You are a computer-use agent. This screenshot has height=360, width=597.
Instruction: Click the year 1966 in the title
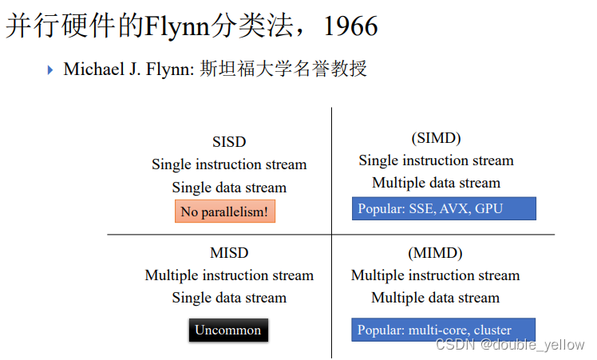pyautogui.click(x=350, y=26)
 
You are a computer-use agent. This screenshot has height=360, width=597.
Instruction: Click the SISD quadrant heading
pyautogui.click(x=229, y=142)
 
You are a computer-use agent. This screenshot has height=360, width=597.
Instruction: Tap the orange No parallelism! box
pyautogui.click(x=224, y=212)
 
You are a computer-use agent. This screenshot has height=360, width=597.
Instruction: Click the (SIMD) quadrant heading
pyautogui.click(x=436, y=138)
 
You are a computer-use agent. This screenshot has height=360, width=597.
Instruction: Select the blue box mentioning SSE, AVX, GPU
pyautogui.click(x=444, y=208)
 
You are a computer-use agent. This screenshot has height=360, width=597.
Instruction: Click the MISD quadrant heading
pyautogui.click(x=229, y=253)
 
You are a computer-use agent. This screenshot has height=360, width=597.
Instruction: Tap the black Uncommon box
pyautogui.click(x=228, y=330)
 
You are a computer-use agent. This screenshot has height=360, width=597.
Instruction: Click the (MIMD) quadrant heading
pyautogui.click(x=436, y=253)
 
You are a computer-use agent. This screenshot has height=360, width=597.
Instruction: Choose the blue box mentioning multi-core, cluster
pyautogui.click(x=443, y=330)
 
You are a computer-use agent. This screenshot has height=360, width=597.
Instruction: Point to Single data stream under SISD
pyautogui.click(x=229, y=188)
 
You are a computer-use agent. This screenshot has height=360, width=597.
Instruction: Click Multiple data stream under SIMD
pyautogui.click(x=436, y=183)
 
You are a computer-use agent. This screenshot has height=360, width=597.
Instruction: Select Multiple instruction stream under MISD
pyautogui.click(x=229, y=275)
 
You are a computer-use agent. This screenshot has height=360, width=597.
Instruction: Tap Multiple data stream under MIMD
pyautogui.click(x=436, y=298)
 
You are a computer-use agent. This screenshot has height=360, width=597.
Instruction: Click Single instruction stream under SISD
pyautogui.click(x=229, y=164)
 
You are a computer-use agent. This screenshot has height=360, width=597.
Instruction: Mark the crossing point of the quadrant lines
pyautogui.click(x=332, y=235)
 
